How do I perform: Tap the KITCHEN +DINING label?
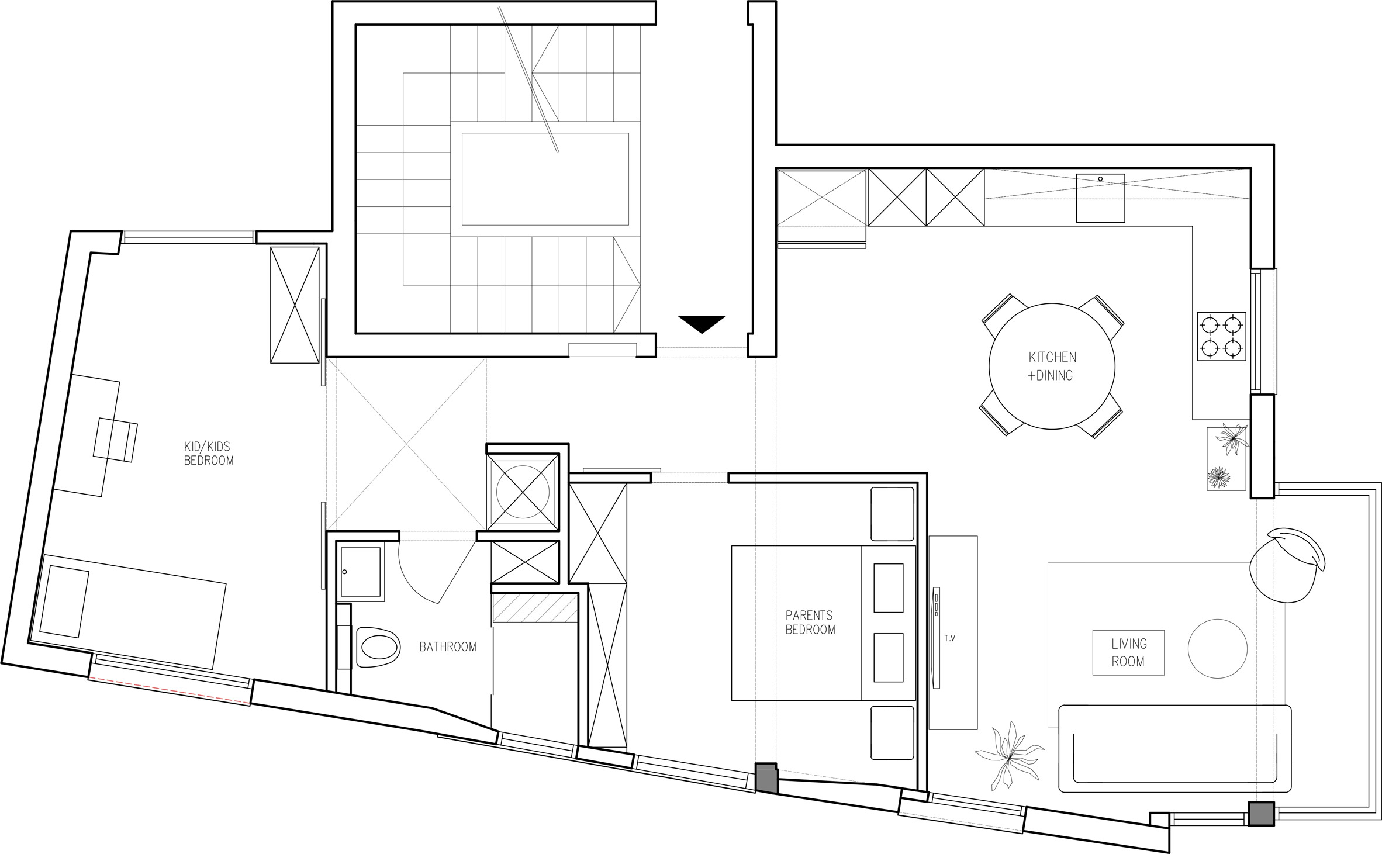click(x=1052, y=366)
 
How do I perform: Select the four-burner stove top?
click(x=1221, y=336)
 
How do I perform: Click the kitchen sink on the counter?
click(x=1100, y=198)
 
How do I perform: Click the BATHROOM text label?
click(x=448, y=646)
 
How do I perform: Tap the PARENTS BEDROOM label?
click(x=810, y=622)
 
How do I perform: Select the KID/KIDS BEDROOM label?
click(x=209, y=453)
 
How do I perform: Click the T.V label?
click(x=949, y=638)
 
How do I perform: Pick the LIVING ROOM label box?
click(x=1128, y=653)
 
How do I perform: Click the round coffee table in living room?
click(x=1218, y=649)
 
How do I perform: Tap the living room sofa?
click(x=1175, y=748)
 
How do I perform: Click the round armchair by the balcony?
click(x=1286, y=573)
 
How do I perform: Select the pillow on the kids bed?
click(x=64, y=601)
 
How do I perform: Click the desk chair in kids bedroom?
click(x=116, y=440)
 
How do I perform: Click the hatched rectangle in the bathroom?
click(x=534, y=608)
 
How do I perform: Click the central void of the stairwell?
click(x=545, y=179)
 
